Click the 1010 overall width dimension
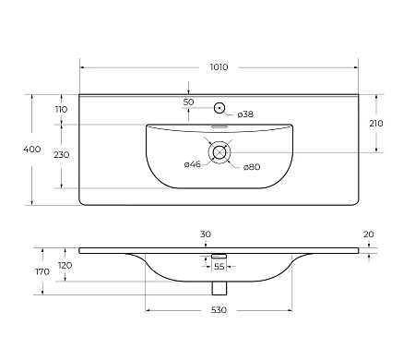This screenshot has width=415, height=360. pyautogui.click(x=219, y=67)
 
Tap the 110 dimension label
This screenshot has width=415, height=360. pyautogui.click(x=62, y=109)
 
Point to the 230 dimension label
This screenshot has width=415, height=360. pyautogui.click(x=62, y=155)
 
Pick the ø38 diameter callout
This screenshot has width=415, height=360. pyautogui.click(x=245, y=114)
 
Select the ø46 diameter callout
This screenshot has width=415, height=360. pyautogui.click(x=193, y=164)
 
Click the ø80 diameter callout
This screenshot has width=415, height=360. pyautogui.click(x=251, y=167)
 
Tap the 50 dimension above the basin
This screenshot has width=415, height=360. pyautogui.click(x=188, y=102)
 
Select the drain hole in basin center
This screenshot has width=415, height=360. pyautogui.click(x=219, y=152)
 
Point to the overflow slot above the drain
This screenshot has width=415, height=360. pyautogui.click(x=219, y=127)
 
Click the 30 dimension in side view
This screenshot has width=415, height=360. pyautogui.click(x=205, y=234)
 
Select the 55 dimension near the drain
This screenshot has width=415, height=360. pyautogui.click(x=219, y=266)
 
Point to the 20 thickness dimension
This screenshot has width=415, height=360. pyautogui.click(x=368, y=234)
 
